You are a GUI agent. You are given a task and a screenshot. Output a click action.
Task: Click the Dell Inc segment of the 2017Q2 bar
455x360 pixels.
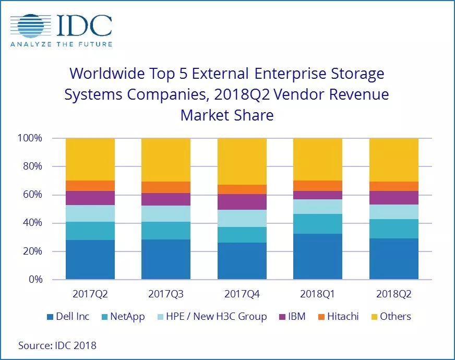point(90,259)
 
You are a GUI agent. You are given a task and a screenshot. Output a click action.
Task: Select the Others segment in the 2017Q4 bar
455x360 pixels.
point(242,161)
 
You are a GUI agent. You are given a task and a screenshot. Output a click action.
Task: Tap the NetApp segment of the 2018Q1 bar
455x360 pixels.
point(318,224)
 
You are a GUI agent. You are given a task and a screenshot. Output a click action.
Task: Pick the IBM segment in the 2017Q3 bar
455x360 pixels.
point(166,199)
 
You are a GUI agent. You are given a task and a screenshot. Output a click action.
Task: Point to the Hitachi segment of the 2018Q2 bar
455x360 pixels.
point(393,186)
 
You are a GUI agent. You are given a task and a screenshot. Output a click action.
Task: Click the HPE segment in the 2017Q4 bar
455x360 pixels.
point(242,218)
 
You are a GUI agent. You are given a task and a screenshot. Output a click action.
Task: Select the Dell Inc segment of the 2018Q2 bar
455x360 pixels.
point(393,259)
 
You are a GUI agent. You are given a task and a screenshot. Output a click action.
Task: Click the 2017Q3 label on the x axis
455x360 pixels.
point(166,294)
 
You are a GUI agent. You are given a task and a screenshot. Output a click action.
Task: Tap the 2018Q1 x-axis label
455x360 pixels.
point(318,294)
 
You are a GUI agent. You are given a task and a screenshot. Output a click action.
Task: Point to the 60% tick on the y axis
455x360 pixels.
point(31,195)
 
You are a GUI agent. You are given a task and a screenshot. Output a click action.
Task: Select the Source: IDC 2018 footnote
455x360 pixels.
point(57,345)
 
